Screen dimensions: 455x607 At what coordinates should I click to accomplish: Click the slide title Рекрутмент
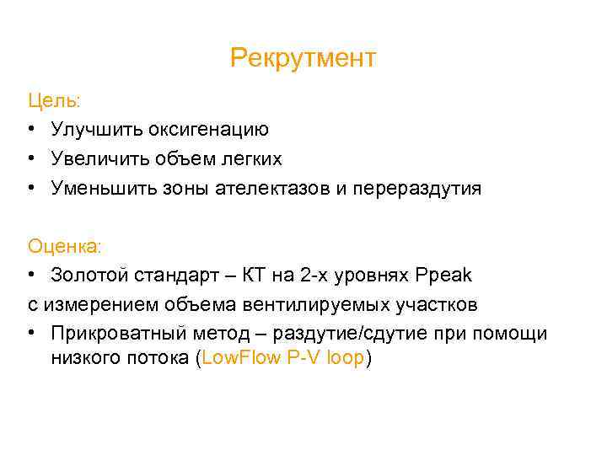(303, 59)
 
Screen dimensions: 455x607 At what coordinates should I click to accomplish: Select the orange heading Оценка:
(64, 246)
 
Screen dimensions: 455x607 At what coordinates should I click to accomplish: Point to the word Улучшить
(96, 130)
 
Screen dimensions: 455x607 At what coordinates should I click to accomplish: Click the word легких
(250, 158)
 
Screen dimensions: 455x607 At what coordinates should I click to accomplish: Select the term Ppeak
(444, 275)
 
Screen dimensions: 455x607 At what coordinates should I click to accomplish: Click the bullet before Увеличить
(32, 158)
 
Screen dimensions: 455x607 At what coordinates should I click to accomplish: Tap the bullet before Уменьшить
(32, 187)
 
